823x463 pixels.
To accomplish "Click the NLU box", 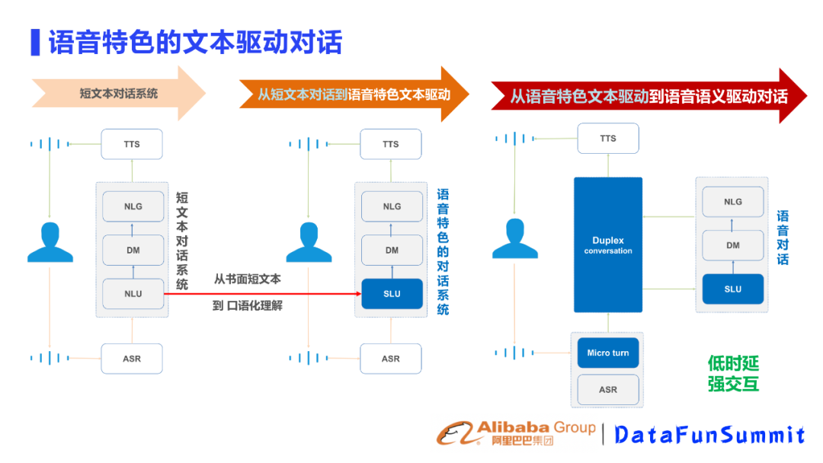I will tap(133, 294).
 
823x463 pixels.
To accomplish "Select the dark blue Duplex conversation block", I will tap(607, 245).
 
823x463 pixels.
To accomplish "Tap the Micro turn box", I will tap(607, 353).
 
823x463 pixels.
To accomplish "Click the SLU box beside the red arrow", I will tap(391, 294).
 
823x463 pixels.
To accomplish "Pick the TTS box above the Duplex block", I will tap(607, 139).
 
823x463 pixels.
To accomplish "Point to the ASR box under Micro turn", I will tap(607, 389).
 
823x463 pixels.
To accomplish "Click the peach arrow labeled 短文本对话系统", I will tap(119, 94).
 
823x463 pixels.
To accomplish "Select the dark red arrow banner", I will tap(648, 97).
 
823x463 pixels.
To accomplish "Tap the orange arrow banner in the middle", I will tap(354, 94).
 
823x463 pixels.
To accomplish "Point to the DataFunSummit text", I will tap(709, 435).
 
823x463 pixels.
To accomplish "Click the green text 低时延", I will tap(733, 364).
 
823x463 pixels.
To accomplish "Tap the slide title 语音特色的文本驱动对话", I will tap(195, 42).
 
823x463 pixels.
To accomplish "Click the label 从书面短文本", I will tap(247, 279).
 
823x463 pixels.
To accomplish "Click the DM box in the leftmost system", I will tap(133, 250).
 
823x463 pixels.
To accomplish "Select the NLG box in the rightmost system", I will tap(732, 202).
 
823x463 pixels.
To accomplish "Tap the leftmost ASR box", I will tap(132, 358).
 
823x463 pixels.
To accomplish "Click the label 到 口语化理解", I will tap(247, 307).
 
